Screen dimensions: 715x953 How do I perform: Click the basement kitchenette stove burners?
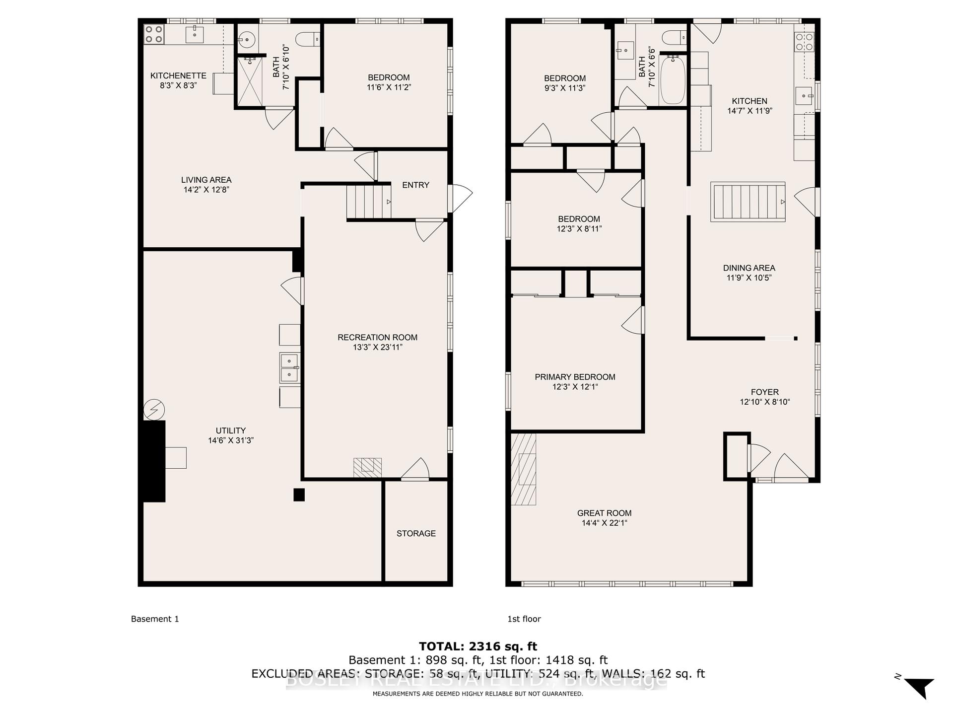(x=154, y=34)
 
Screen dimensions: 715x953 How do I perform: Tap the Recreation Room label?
(x=377, y=338)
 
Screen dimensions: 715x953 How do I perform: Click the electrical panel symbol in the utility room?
(x=154, y=410)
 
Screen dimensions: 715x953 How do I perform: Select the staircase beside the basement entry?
(x=369, y=201)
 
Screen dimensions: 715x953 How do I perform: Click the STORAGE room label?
(x=416, y=534)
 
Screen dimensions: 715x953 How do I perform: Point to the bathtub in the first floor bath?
(x=673, y=80)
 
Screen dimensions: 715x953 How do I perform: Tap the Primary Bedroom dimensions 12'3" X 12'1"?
(x=575, y=387)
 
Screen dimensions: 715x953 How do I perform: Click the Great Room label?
(x=604, y=513)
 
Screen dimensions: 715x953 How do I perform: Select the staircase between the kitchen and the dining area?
(x=748, y=202)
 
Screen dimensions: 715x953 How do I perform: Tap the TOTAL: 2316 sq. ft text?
(x=477, y=646)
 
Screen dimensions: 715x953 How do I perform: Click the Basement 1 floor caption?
(x=155, y=619)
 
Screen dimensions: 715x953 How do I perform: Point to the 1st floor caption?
(x=524, y=619)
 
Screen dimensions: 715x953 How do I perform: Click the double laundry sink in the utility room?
(x=289, y=367)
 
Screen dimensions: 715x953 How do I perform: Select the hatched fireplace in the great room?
(x=524, y=469)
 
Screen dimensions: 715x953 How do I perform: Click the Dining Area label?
(x=749, y=268)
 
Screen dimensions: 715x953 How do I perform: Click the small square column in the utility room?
(x=299, y=495)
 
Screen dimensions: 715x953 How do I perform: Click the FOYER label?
(x=764, y=392)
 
